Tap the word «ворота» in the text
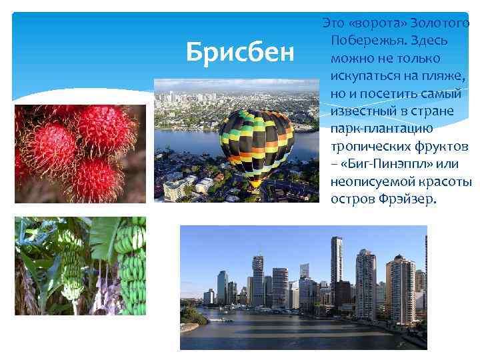click(380, 23)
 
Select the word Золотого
click(441, 23)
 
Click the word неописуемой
click(373, 181)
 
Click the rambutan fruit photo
click(80, 153)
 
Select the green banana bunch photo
click(80, 266)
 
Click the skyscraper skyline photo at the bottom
click(303, 287)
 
